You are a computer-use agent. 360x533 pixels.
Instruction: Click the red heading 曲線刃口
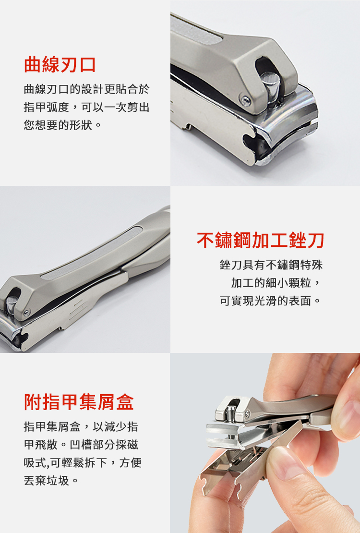click(x=60, y=65)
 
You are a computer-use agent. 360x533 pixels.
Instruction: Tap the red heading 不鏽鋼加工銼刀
click(x=260, y=241)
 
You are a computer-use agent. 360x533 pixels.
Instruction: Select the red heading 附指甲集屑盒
click(x=79, y=402)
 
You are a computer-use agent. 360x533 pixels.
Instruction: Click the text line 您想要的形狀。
click(x=62, y=125)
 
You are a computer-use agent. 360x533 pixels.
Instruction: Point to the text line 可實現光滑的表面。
click(x=271, y=301)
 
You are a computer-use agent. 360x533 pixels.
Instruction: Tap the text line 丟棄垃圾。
click(x=51, y=480)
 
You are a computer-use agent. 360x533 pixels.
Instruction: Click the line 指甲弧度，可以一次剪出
click(x=87, y=107)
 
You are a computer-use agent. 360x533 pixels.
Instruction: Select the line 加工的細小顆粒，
click(x=276, y=282)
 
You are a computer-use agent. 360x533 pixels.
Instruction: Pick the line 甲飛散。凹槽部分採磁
click(x=81, y=444)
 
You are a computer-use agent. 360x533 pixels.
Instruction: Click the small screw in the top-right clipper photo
click(x=245, y=100)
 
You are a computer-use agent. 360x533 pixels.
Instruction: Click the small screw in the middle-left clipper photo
click(x=26, y=312)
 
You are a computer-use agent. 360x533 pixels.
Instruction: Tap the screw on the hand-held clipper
click(x=247, y=413)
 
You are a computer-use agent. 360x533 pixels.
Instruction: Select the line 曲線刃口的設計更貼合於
click(x=87, y=89)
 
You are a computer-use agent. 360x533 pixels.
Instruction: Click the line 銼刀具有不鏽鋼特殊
click(x=271, y=265)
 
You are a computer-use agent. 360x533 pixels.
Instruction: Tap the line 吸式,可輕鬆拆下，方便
click(x=83, y=462)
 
